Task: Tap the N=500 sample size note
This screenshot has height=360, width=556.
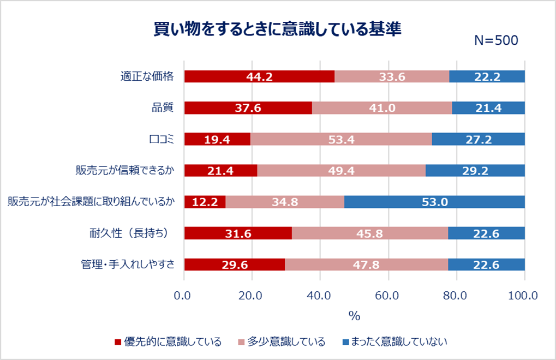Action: pyautogui.click(x=495, y=41)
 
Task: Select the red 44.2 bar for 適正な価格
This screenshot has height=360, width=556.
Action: pyautogui.click(x=259, y=76)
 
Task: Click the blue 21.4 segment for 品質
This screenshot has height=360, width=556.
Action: pyautogui.click(x=488, y=108)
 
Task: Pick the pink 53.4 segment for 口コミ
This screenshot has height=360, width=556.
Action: pyautogui.click(x=341, y=139)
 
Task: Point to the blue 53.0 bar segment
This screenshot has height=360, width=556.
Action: pyautogui.click(x=434, y=202)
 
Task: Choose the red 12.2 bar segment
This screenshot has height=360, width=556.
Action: pyautogui.click(x=205, y=202)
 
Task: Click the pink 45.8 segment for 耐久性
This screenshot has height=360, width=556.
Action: pyautogui.click(x=370, y=233)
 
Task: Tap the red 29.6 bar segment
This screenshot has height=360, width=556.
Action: pyautogui.click(x=234, y=265)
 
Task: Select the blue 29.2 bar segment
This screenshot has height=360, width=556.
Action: pyautogui.click(x=475, y=171)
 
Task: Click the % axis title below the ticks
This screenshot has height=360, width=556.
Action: pyautogui.click(x=354, y=316)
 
